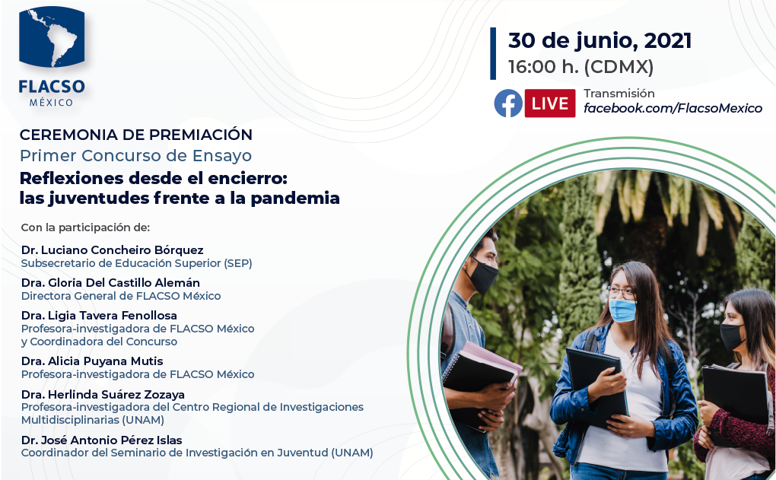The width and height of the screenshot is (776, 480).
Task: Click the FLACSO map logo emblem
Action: click(x=52, y=37)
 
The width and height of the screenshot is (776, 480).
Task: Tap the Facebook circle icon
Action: click(x=508, y=103)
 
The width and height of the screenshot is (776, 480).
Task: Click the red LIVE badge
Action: click(x=550, y=103)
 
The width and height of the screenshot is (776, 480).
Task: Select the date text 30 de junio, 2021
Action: click(x=599, y=40)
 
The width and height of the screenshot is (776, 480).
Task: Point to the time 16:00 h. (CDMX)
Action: click(x=581, y=67)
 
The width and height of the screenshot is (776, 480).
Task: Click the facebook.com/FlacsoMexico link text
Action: click(x=673, y=108)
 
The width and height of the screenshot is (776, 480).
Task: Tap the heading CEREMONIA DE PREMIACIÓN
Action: click(x=136, y=135)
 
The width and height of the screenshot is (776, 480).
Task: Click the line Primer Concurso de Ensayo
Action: click(x=135, y=156)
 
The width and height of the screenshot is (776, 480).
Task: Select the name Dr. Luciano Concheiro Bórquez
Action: click(x=113, y=250)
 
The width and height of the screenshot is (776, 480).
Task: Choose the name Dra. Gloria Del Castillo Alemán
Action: click(x=110, y=282)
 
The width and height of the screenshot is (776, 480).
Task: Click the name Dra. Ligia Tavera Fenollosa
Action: click(x=99, y=315)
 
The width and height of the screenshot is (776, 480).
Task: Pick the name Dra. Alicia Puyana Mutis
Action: click(x=92, y=361)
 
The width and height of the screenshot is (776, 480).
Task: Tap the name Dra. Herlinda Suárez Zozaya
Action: click(x=103, y=394)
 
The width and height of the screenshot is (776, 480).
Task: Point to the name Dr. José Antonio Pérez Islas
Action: click(x=101, y=440)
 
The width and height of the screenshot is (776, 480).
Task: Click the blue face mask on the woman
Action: click(x=622, y=310)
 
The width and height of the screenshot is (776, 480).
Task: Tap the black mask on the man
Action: click(x=482, y=276)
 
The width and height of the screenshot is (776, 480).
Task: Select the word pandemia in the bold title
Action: click(x=295, y=199)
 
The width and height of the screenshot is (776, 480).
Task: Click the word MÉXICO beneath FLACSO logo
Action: click(x=52, y=103)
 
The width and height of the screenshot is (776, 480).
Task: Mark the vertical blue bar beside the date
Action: click(x=493, y=53)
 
